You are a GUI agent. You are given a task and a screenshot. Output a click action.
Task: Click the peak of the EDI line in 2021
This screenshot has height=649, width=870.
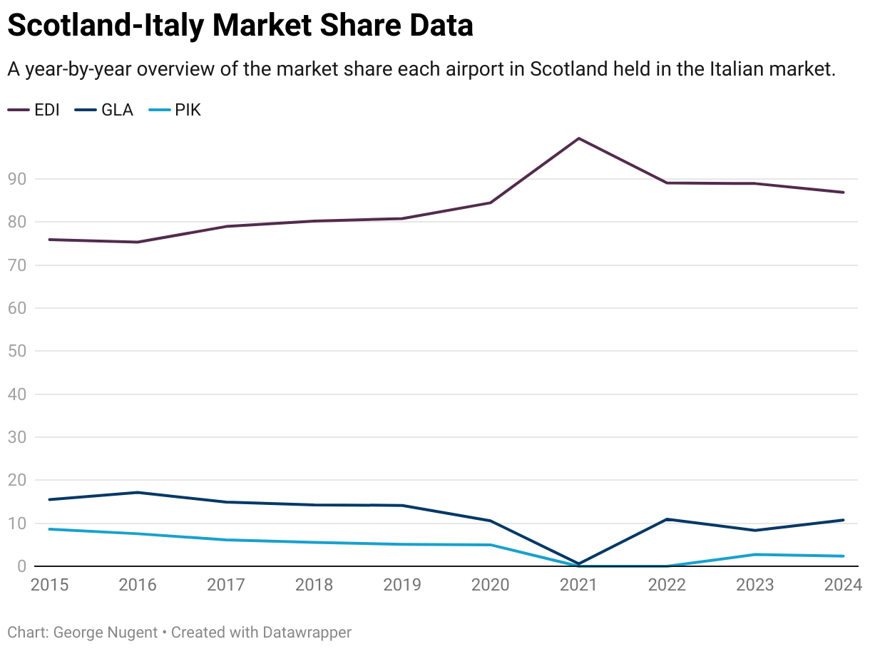[578, 138]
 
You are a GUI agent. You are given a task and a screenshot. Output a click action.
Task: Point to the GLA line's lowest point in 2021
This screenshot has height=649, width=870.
[578, 563]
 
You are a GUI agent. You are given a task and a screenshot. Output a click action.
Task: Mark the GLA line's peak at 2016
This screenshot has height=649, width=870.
[138, 492]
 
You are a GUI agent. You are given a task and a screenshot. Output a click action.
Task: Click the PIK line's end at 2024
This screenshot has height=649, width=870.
[844, 556]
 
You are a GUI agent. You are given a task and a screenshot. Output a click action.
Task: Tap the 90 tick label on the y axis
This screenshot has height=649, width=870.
[17, 179]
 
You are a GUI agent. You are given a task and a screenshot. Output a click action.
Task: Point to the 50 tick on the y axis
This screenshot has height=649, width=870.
[17, 352]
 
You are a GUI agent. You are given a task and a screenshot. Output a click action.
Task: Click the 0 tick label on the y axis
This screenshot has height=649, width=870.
[21, 566]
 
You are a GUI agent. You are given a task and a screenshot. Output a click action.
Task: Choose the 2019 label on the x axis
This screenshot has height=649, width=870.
[402, 586]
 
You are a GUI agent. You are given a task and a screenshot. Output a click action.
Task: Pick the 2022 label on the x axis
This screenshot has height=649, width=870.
[667, 586]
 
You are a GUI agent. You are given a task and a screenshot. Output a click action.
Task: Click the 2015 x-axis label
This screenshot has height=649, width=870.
[49, 586]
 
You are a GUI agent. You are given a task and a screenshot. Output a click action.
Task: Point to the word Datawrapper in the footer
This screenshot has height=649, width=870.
[307, 632]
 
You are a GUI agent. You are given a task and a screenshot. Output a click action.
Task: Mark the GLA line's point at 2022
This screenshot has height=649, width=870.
[667, 519]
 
